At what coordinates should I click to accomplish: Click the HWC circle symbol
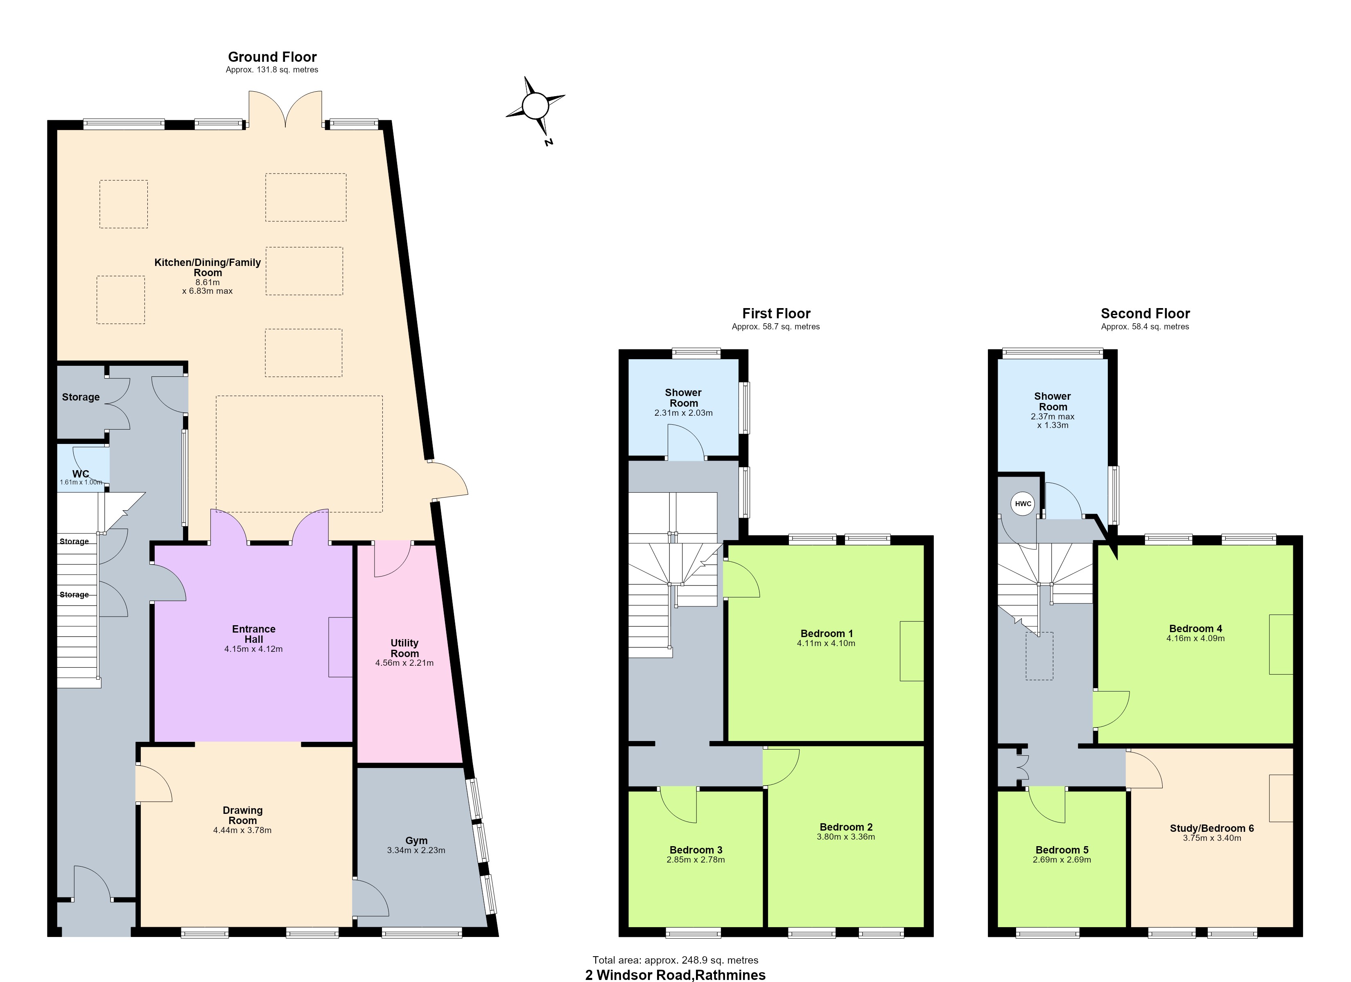point(1023,504)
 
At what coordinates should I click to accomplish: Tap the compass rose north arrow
point(535,106)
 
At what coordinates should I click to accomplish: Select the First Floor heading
point(776,313)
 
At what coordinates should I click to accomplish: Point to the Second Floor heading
point(1145,313)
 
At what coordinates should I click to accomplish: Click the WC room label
point(80,474)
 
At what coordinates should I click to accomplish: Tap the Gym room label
point(416,840)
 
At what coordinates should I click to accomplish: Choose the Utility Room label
point(404,648)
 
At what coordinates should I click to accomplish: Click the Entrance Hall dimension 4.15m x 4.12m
point(254,649)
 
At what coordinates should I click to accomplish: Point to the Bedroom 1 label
point(827,634)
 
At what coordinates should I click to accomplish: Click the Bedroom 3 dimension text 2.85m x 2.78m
point(696,860)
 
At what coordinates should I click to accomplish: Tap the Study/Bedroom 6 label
point(1212,828)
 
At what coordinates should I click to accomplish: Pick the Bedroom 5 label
point(1062,850)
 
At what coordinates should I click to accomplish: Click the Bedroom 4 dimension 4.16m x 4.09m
point(1195,638)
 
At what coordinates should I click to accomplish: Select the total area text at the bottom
point(675,960)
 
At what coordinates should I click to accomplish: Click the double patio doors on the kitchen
point(285,108)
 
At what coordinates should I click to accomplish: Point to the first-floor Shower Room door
point(686,442)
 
